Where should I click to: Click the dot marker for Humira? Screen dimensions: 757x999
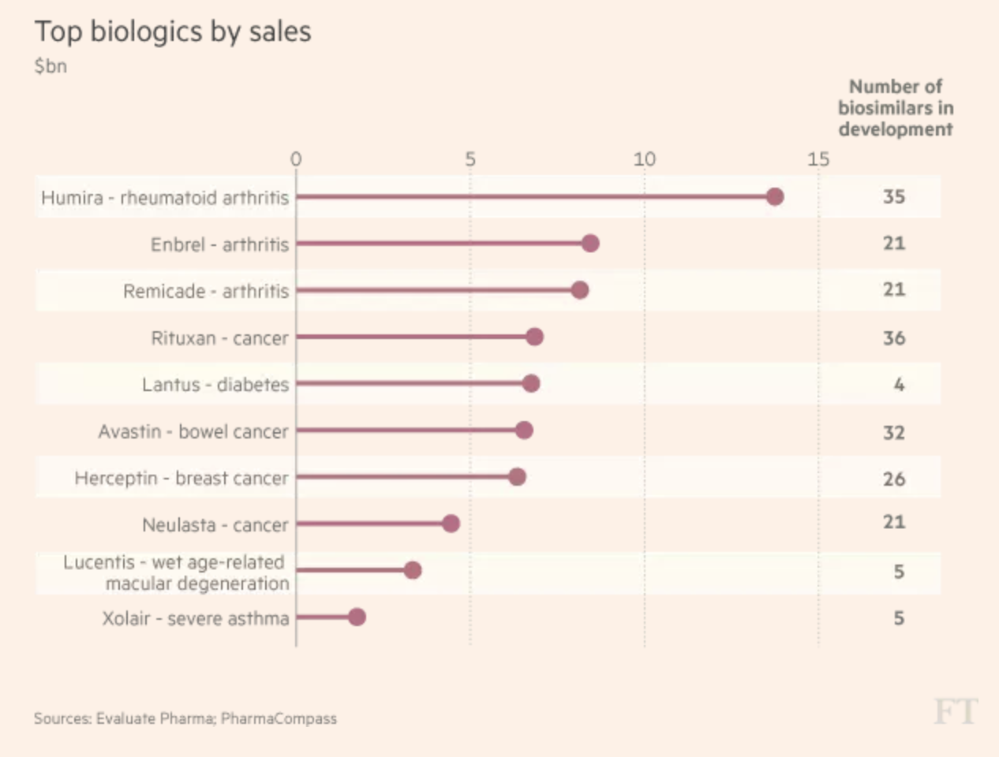(775, 196)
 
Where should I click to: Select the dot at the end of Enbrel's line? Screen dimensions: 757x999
(590, 243)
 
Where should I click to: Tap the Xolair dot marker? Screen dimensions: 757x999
(357, 617)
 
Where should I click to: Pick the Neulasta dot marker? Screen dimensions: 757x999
(451, 524)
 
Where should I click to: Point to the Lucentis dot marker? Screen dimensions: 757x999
(412, 570)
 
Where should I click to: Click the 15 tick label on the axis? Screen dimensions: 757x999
(818, 159)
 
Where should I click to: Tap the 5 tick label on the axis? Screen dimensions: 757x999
(470, 159)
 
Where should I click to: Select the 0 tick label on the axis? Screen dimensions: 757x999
(296, 159)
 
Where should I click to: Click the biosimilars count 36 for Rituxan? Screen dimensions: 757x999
(893, 338)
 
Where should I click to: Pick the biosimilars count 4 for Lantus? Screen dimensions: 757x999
(899, 385)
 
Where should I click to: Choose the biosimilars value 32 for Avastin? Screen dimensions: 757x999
(893, 432)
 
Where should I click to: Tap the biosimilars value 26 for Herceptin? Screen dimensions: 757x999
(893, 479)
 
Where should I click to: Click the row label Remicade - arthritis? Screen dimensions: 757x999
(206, 291)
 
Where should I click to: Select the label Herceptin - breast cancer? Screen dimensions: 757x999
(181, 478)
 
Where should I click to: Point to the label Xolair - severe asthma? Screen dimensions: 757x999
(195, 618)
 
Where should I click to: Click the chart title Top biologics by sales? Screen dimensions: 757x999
(173, 32)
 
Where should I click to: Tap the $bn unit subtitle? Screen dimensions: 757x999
(51, 66)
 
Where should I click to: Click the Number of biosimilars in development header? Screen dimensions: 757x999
(896, 108)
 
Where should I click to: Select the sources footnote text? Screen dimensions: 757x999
(185, 718)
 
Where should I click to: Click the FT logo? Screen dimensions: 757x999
(955, 711)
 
